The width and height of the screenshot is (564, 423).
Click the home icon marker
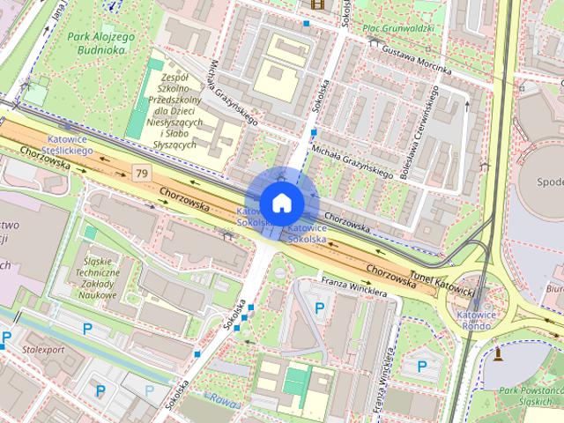point(281,203)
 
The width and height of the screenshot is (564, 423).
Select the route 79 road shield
point(141,169)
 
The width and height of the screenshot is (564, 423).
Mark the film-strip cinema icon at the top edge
point(315,4)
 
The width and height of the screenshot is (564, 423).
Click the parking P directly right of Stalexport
point(87,329)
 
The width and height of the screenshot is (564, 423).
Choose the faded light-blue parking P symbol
point(148,389)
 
